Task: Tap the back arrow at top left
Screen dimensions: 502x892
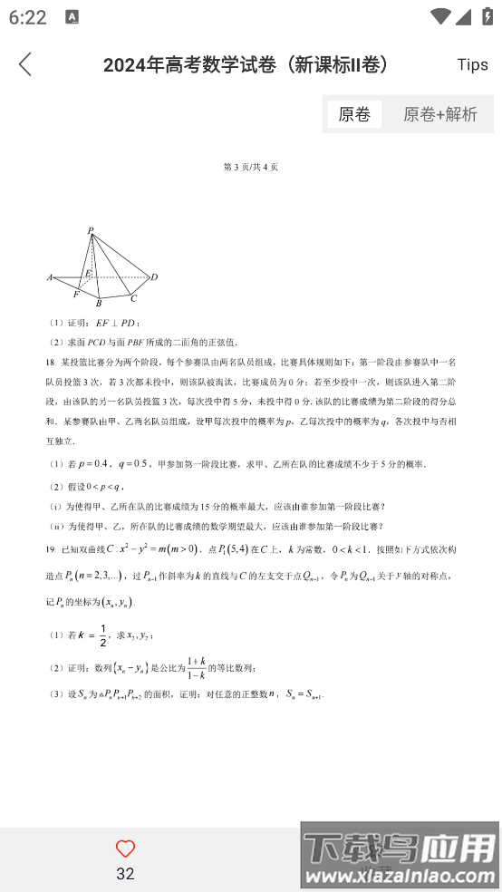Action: (24, 64)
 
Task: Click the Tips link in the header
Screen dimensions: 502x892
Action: (472, 64)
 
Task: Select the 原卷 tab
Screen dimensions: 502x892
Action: (354, 114)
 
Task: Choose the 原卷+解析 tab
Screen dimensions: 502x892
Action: (440, 114)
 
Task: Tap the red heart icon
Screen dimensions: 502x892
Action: (126, 849)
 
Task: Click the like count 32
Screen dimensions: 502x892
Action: (126, 873)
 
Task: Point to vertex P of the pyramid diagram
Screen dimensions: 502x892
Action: (91, 232)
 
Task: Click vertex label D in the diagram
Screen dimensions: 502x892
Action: (154, 276)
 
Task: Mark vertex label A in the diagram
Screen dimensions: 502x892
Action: (50, 277)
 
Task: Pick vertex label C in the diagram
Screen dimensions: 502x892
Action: (134, 298)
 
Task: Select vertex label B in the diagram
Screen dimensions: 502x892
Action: (99, 304)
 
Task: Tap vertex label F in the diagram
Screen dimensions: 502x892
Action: (75, 295)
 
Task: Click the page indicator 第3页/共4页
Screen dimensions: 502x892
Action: (251, 167)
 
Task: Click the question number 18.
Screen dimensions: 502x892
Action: (50, 362)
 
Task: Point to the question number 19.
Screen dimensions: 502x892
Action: (50, 550)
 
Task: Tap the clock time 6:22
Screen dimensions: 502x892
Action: (28, 17)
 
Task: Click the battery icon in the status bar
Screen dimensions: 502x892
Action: (487, 17)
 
